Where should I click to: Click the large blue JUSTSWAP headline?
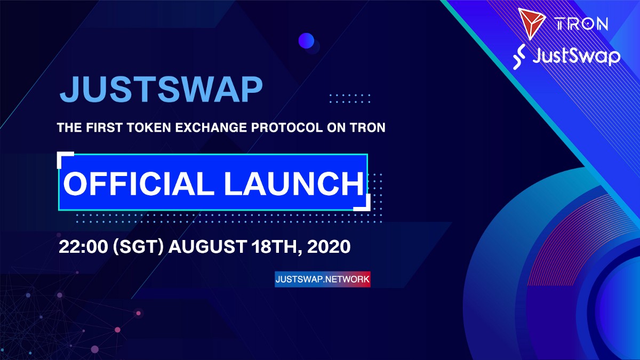tap(161, 89)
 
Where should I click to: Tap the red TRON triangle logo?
tap(531, 23)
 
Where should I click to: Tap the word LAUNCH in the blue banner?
tap(294, 183)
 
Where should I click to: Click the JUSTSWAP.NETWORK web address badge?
tap(323, 279)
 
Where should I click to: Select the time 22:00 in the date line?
tap(83, 246)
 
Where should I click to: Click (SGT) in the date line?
tap(138, 246)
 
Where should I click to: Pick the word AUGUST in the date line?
tap(207, 246)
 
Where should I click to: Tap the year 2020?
tap(329, 246)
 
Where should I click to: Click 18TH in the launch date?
tap(277, 247)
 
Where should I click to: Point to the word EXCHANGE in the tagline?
tap(211, 127)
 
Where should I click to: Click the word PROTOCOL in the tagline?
tap(287, 127)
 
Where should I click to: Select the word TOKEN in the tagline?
tap(149, 127)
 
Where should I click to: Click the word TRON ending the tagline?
tap(368, 127)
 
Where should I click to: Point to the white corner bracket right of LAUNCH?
tap(366, 206)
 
